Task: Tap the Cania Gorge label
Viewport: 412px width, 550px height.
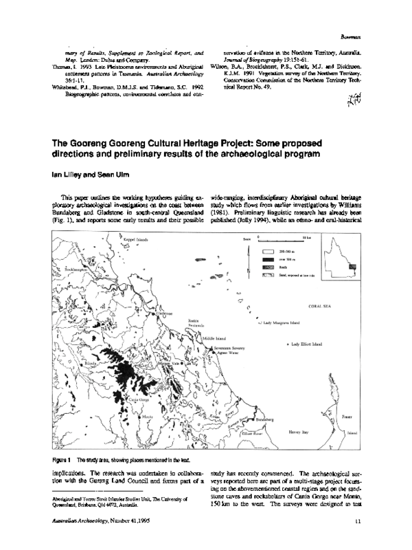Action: pos(121,379)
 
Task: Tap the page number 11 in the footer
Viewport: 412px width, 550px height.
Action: pos(359,521)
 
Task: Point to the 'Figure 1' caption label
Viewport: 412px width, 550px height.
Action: pos(62,440)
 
